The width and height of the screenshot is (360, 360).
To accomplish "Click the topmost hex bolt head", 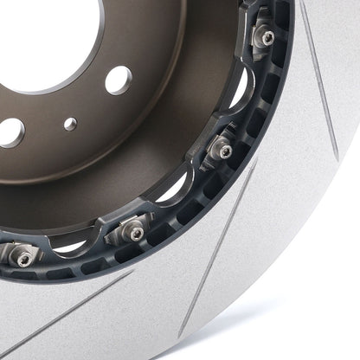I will coord(267,37).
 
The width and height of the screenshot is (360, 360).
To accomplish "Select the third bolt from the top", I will coord(130,230).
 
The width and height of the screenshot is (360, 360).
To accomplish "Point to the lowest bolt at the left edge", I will coord(23,259).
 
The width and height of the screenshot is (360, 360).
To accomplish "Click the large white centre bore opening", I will coord(52,26).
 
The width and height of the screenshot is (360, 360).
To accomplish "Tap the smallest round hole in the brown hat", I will coord(70,124).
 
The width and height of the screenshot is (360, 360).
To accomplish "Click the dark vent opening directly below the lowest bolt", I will coord(26,275).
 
